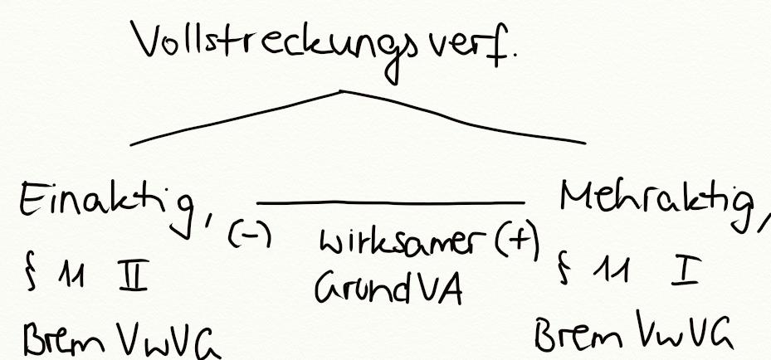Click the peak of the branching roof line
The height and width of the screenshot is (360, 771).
coord(342,90)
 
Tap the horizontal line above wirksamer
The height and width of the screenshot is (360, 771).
coord(390,202)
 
